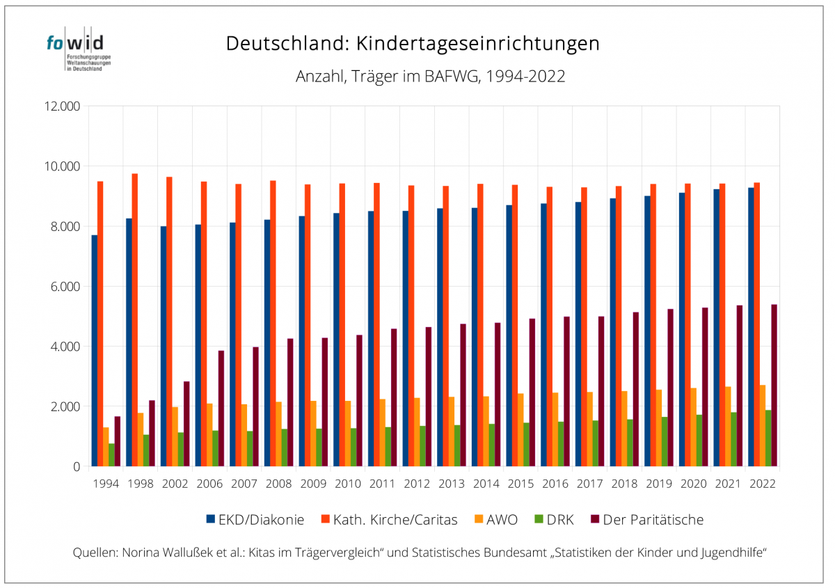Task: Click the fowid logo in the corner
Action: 78,50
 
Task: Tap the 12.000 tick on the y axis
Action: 62,106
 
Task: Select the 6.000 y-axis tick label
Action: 64,287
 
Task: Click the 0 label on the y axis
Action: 77,467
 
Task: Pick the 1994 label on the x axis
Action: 106,484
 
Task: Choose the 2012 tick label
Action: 416,484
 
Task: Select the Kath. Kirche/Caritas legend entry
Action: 389,519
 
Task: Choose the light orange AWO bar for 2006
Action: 209,435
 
